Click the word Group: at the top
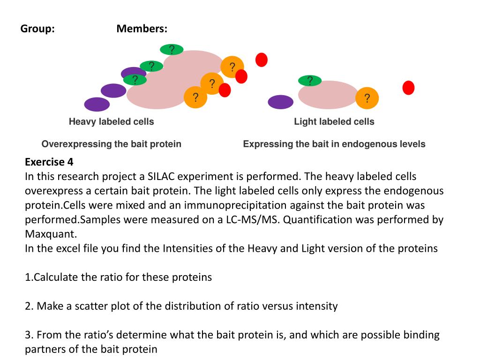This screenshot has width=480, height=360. tap(37, 29)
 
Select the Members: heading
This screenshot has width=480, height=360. tap(142, 29)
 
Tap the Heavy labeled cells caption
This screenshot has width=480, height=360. tap(111, 122)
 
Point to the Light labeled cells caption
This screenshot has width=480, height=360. tap(334, 122)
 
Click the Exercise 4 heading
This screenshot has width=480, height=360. tap(49, 162)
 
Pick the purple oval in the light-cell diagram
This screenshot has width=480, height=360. tap(280, 102)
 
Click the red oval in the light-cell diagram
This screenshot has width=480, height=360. tap(408, 88)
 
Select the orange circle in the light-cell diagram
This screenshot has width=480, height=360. tap(367, 98)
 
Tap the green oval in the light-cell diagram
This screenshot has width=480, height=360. tap(310, 81)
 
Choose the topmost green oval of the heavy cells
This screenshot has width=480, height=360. tap(172, 49)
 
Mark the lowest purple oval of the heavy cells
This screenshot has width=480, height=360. tap(97, 104)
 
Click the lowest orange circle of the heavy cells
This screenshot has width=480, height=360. tap(195, 97)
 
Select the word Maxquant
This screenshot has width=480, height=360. tap(50, 234)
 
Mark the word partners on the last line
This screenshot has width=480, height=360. tap(45, 349)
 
